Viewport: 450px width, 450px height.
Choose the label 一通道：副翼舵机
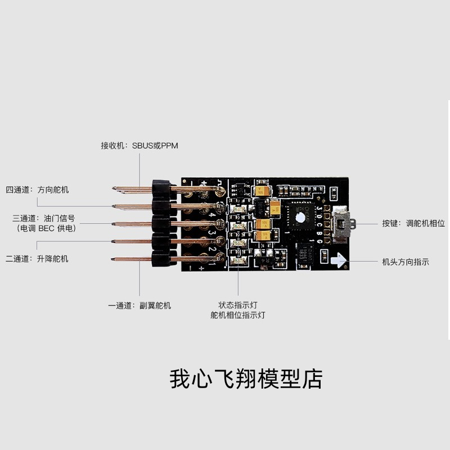139,305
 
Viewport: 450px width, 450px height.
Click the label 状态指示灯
237,305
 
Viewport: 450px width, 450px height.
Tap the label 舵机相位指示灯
237,315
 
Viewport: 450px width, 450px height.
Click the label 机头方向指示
405,262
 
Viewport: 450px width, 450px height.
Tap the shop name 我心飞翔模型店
246,379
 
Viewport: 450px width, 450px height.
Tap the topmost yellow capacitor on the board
260,191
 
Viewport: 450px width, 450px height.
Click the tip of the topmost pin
114,188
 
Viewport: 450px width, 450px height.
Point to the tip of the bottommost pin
114,259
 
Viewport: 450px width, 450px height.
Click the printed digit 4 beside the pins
211,214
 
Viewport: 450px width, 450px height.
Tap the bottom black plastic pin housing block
161,259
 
